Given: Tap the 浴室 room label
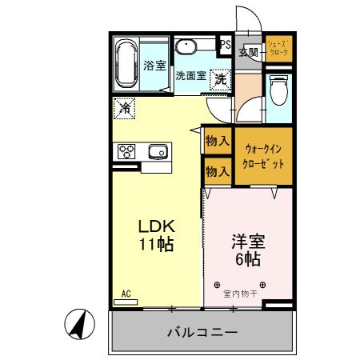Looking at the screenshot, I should click(154, 67).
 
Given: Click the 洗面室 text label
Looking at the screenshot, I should click(190, 76).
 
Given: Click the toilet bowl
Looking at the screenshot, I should click(278, 90).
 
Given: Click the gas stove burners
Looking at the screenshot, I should click(128, 150).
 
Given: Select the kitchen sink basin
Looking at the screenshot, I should click(158, 150).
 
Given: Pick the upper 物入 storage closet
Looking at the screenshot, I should click(218, 141).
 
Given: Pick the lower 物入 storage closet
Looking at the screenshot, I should click(218, 170).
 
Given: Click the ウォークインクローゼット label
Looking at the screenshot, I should click(264, 155).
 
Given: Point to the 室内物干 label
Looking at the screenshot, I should click(241, 294).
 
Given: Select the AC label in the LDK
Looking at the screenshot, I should click(126, 294).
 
